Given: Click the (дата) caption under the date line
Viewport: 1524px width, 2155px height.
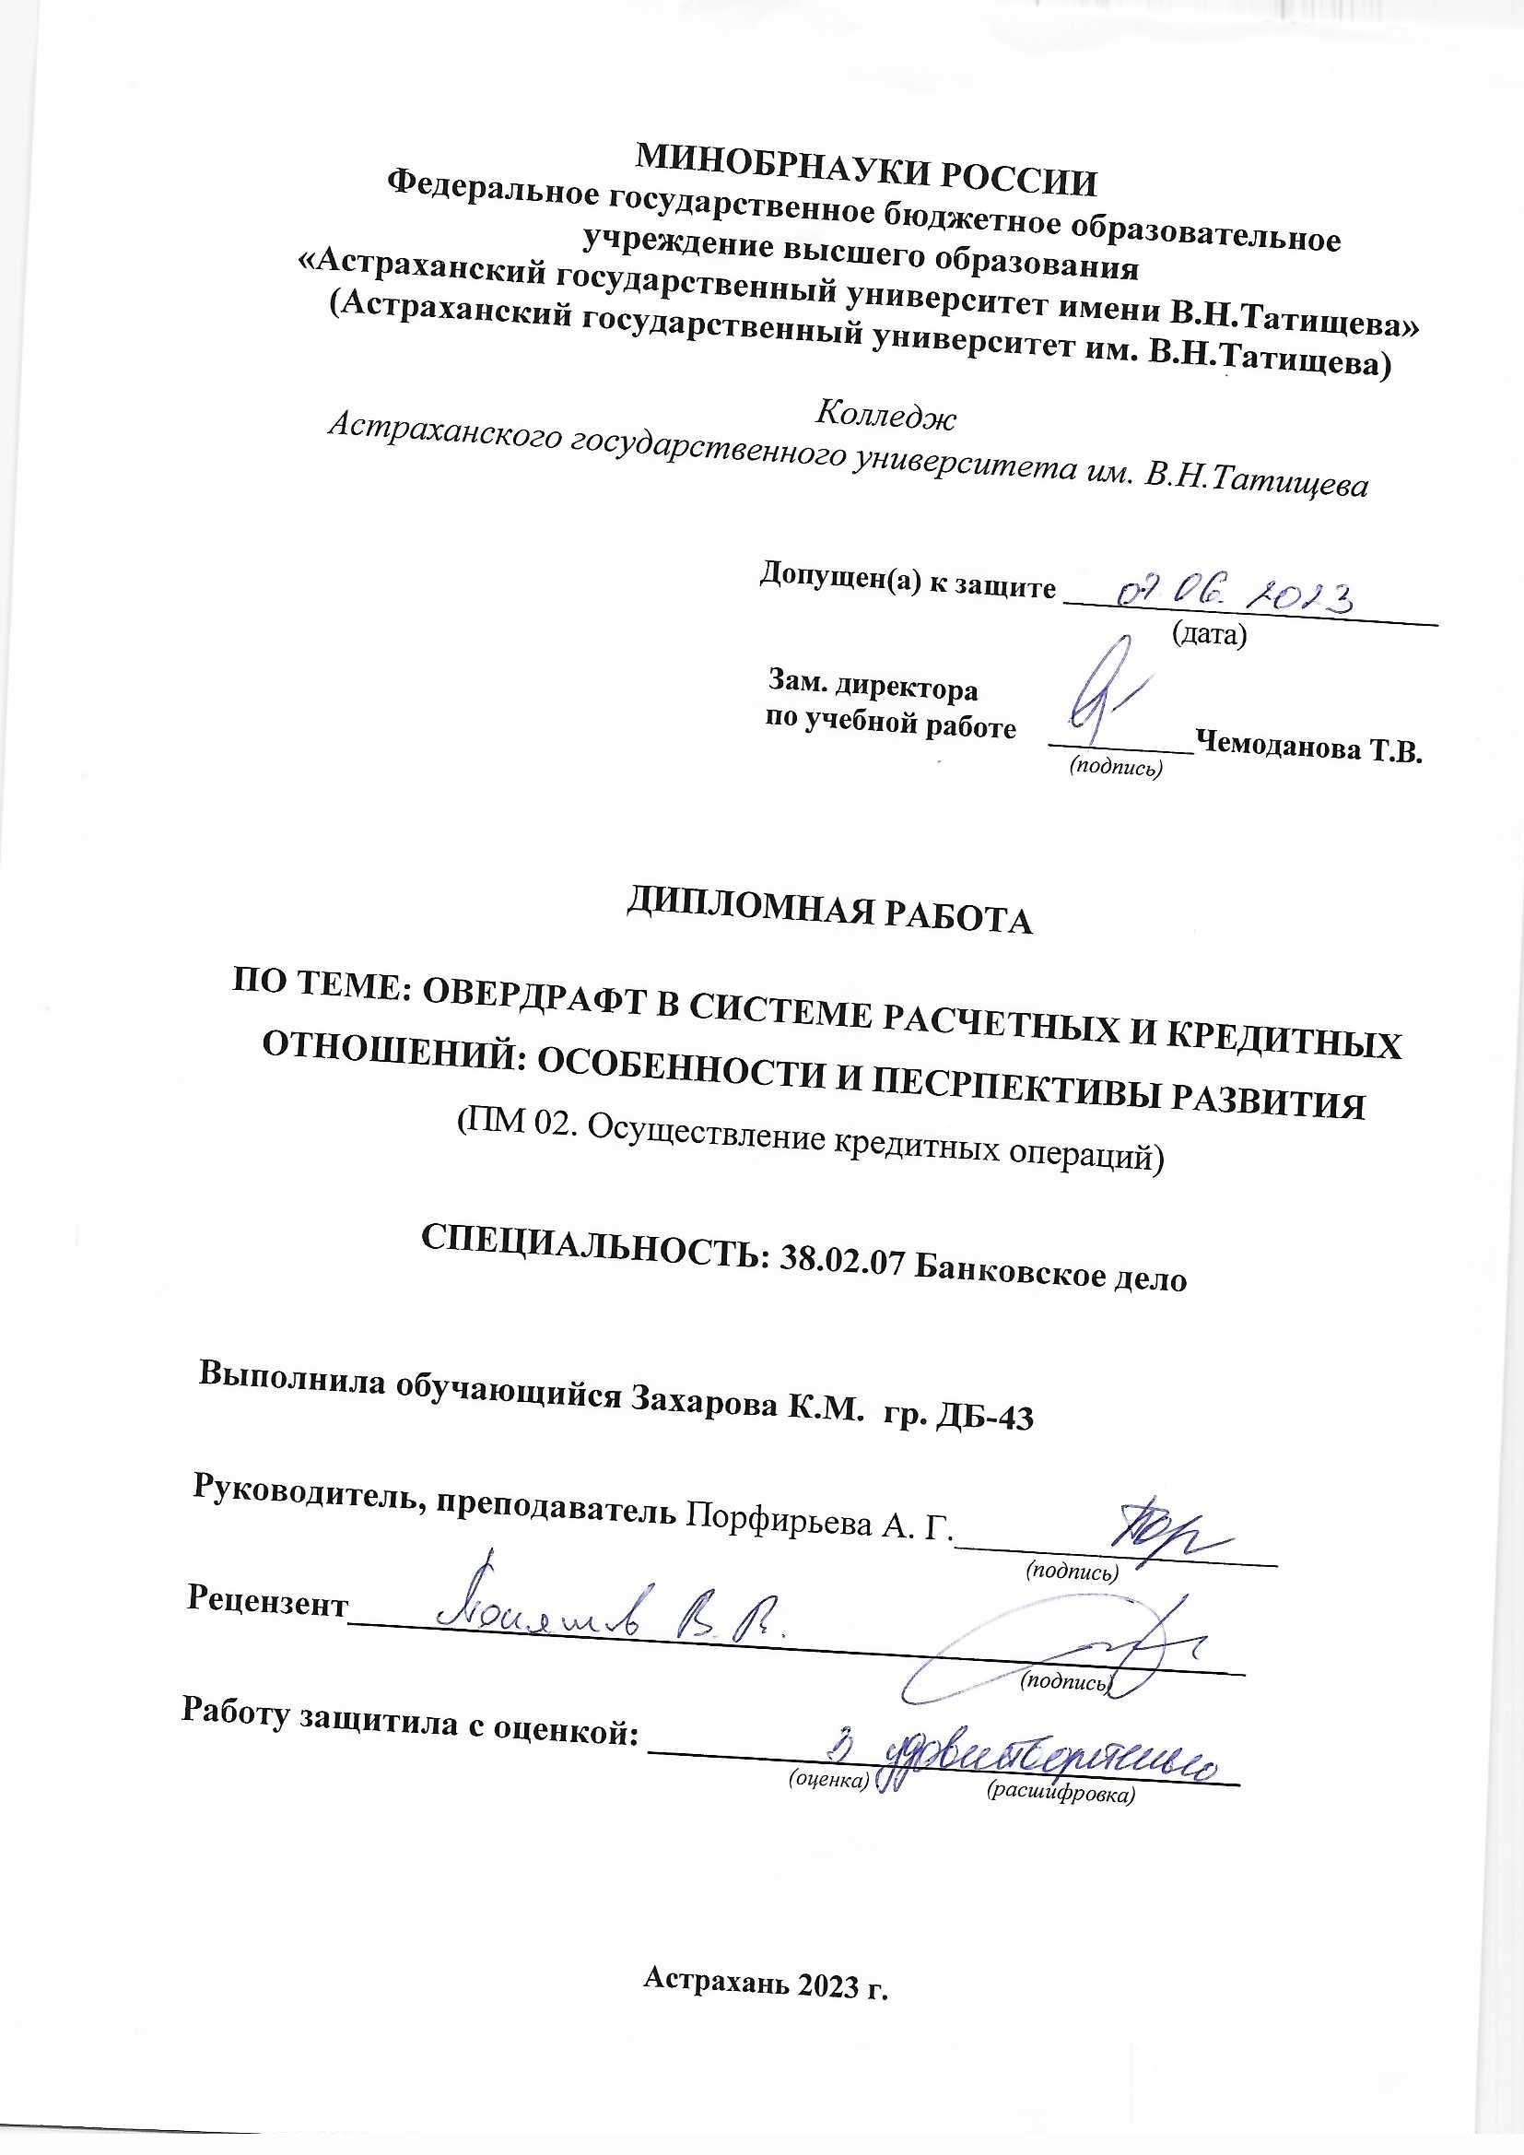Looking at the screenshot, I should pyautogui.click(x=1210, y=635).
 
